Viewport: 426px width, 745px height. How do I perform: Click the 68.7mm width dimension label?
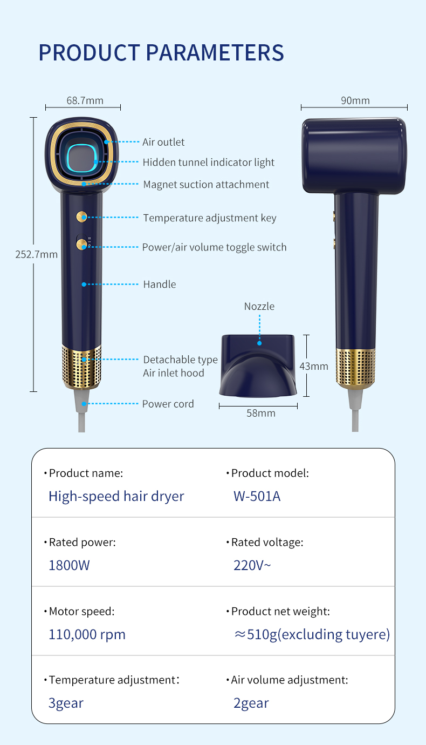click(x=85, y=100)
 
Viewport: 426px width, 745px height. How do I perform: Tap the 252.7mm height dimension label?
click(x=36, y=254)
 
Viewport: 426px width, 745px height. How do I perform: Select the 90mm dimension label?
click(x=355, y=100)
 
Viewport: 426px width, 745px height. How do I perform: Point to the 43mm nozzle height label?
click(x=314, y=366)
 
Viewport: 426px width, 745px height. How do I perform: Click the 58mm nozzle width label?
click(x=261, y=413)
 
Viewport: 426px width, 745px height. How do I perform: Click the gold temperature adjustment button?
click(x=81, y=217)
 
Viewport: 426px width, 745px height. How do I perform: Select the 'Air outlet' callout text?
click(x=163, y=142)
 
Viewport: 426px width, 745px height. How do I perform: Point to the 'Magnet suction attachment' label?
click(x=206, y=184)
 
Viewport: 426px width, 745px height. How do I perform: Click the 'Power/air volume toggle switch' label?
click(x=214, y=247)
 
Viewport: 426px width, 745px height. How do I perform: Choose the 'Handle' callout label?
click(x=159, y=284)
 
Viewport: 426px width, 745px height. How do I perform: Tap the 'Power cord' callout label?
click(x=168, y=404)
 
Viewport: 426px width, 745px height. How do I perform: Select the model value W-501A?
click(x=257, y=496)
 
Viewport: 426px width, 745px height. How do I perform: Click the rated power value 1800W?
click(x=69, y=565)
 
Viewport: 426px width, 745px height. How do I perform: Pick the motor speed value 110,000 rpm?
click(x=87, y=634)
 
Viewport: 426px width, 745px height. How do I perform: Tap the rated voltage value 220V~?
click(x=252, y=565)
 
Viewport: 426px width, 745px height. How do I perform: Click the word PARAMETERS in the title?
click(x=215, y=52)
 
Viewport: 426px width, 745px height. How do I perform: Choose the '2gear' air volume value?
click(x=251, y=703)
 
